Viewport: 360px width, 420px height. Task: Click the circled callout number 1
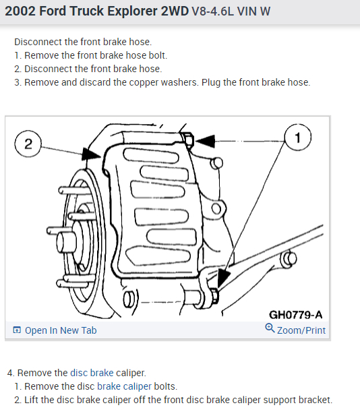[x=297, y=138]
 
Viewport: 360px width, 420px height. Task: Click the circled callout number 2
[x=28, y=144]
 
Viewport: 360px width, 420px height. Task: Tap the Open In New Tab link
[x=61, y=330]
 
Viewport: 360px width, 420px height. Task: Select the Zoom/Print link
[x=301, y=330]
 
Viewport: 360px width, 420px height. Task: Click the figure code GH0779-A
[x=295, y=315]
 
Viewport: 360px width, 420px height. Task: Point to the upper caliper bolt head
[x=188, y=140]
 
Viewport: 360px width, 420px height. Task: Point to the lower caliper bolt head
[x=215, y=296]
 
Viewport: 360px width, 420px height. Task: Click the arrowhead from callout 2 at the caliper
[x=91, y=154]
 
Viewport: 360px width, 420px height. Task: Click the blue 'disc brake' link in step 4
[x=92, y=373]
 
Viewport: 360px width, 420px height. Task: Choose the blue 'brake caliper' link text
[x=124, y=386]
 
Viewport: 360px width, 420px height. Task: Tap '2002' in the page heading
[x=20, y=11]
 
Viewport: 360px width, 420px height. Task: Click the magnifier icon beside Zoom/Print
[x=270, y=328]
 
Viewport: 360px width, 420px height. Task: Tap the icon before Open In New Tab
[x=17, y=330]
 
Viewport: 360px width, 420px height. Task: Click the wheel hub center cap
[x=66, y=242]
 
